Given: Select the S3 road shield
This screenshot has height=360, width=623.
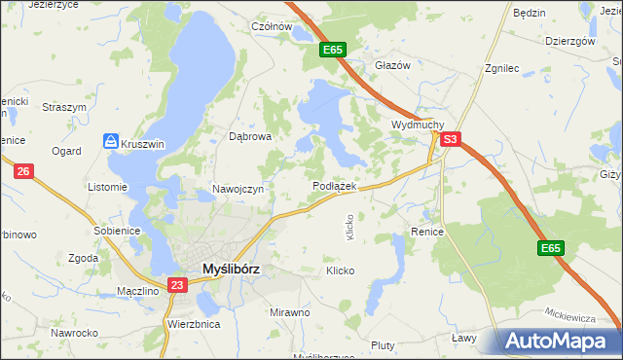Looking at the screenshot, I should coord(449,140).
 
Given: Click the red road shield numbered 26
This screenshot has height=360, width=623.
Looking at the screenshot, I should coord(24,172).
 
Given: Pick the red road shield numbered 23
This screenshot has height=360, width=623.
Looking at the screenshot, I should coord(176,285).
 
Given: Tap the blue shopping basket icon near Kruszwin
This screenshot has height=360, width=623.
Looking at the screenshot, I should coord(112,142).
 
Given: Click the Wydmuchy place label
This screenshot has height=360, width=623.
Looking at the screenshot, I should coord(418,126).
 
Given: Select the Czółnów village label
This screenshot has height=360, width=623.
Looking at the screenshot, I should coord(272,27).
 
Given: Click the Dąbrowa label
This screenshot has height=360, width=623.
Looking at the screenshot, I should coord(249,137).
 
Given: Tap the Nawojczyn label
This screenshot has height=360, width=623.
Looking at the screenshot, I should coord(238,189).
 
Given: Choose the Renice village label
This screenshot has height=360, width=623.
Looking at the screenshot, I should coord(427,233).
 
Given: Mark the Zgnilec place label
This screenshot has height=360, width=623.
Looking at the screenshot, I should coord(506,69).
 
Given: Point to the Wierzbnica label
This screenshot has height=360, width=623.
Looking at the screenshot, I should coord(193,323).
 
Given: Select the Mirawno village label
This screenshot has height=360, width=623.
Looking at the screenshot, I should coord(289,312).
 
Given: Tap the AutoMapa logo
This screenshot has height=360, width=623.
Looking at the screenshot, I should coord(561,341).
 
